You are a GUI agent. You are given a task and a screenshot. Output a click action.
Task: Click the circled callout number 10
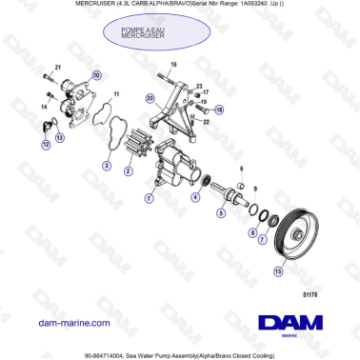pyautogui.click(x=94, y=74)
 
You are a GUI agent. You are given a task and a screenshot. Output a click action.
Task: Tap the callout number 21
pyautogui.click(x=57, y=68)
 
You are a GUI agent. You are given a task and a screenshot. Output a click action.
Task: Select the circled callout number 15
pyautogui.click(x=277, y=270)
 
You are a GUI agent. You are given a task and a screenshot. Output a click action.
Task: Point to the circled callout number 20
pyautogui.click(x=150, y=98)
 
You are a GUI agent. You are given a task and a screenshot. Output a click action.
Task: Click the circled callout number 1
pyautogui.click(x=148, y=200)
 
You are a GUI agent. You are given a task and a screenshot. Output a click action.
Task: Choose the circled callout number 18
pyautogui.click(x=218, y=110)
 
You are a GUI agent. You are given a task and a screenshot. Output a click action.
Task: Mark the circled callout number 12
pyautogui.click(x=46, y=145)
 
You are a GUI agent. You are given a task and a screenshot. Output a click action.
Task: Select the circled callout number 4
pyautogui.click(x=195, y=197)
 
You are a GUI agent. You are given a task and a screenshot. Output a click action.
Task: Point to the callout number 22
pyautogui.click(x=206, y=122)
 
